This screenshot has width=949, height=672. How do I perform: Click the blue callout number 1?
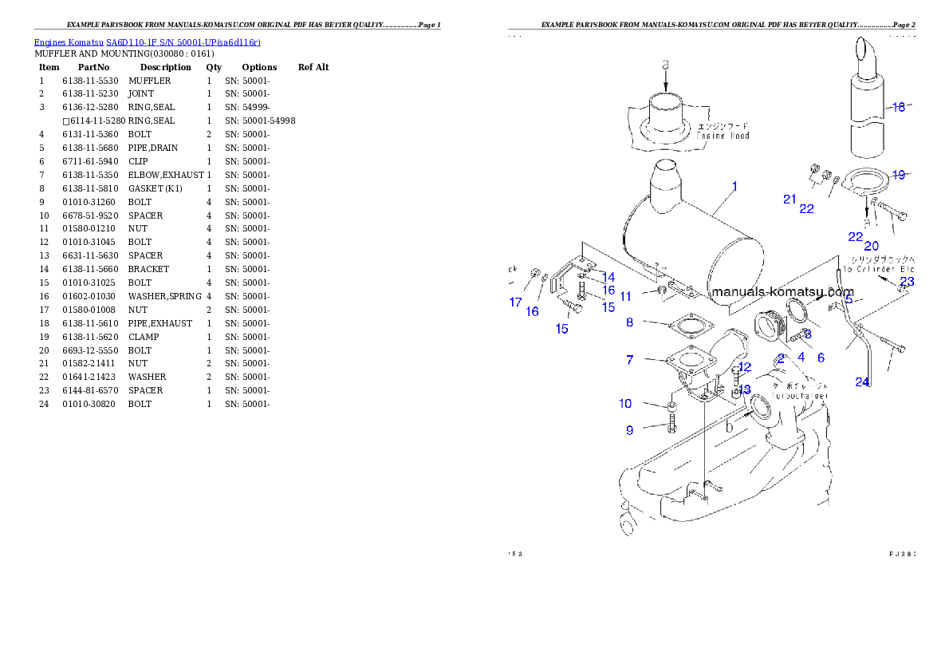[x=734, y=187]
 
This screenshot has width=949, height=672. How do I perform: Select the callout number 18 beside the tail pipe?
[x=899, y=107]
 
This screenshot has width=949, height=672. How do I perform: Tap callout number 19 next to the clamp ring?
[x=899, y=175]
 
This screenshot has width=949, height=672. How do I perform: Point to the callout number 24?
[x=862, y=382]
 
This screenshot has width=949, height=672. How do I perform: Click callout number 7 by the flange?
[x=630, y=361]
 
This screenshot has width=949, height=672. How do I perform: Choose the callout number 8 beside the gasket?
[x=630, y=322]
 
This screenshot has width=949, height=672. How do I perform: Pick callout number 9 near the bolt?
[x=630, y=430]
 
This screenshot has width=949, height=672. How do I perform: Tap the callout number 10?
[x=626, y=404]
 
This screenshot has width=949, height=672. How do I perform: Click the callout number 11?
[x=626, y=296]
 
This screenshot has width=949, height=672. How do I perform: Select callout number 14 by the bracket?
[x=608, y=277]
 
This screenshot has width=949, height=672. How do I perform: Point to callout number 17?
[x=516, y=302]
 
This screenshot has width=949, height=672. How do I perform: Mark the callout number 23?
[x=907, y=282]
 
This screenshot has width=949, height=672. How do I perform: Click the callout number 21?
[x=790, y=200]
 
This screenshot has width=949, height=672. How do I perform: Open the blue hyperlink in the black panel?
[x=147, y=42]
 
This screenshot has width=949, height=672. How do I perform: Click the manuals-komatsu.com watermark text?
[x=782, y=292]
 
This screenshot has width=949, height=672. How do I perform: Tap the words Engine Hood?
[x=723, y=136]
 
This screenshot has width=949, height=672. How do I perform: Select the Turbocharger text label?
[x=801, y=395]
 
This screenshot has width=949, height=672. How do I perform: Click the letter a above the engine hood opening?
[x=666, y=63]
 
